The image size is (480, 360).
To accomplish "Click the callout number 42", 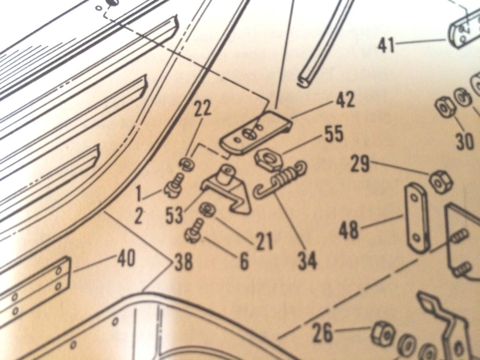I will click(x=345, y=100).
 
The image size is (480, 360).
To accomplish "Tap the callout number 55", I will click(x=333, y=134).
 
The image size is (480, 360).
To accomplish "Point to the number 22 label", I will click(x=202, y=110).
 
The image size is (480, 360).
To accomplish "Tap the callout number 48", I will click(x=349, y=231).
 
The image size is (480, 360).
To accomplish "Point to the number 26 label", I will click(x=322, y=334).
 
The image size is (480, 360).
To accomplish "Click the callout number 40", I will click(x=126, y=259).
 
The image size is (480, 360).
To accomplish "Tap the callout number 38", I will click(x=183, y=263).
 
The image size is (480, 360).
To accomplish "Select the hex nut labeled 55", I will click(x=268, y=159).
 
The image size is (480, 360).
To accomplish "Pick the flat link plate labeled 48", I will click(x=417, y=218).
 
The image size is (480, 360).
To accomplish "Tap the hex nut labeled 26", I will click(x=383, y=333).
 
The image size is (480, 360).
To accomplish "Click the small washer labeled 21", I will click(x=207, y=210).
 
